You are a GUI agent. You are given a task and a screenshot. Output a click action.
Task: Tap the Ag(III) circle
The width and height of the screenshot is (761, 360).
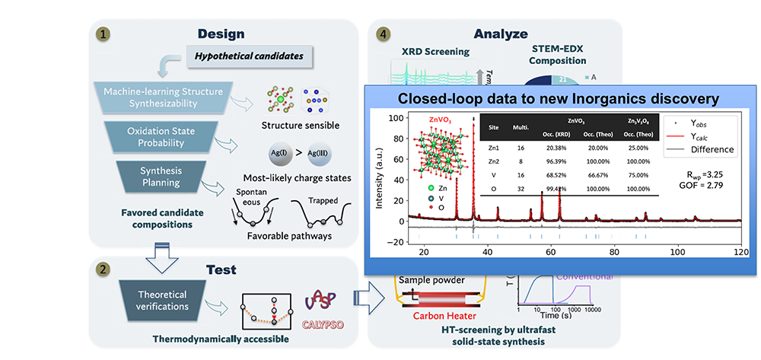tap(322, 154)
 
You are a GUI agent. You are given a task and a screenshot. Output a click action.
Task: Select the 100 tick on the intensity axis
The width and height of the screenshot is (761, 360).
tap(396, 119)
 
